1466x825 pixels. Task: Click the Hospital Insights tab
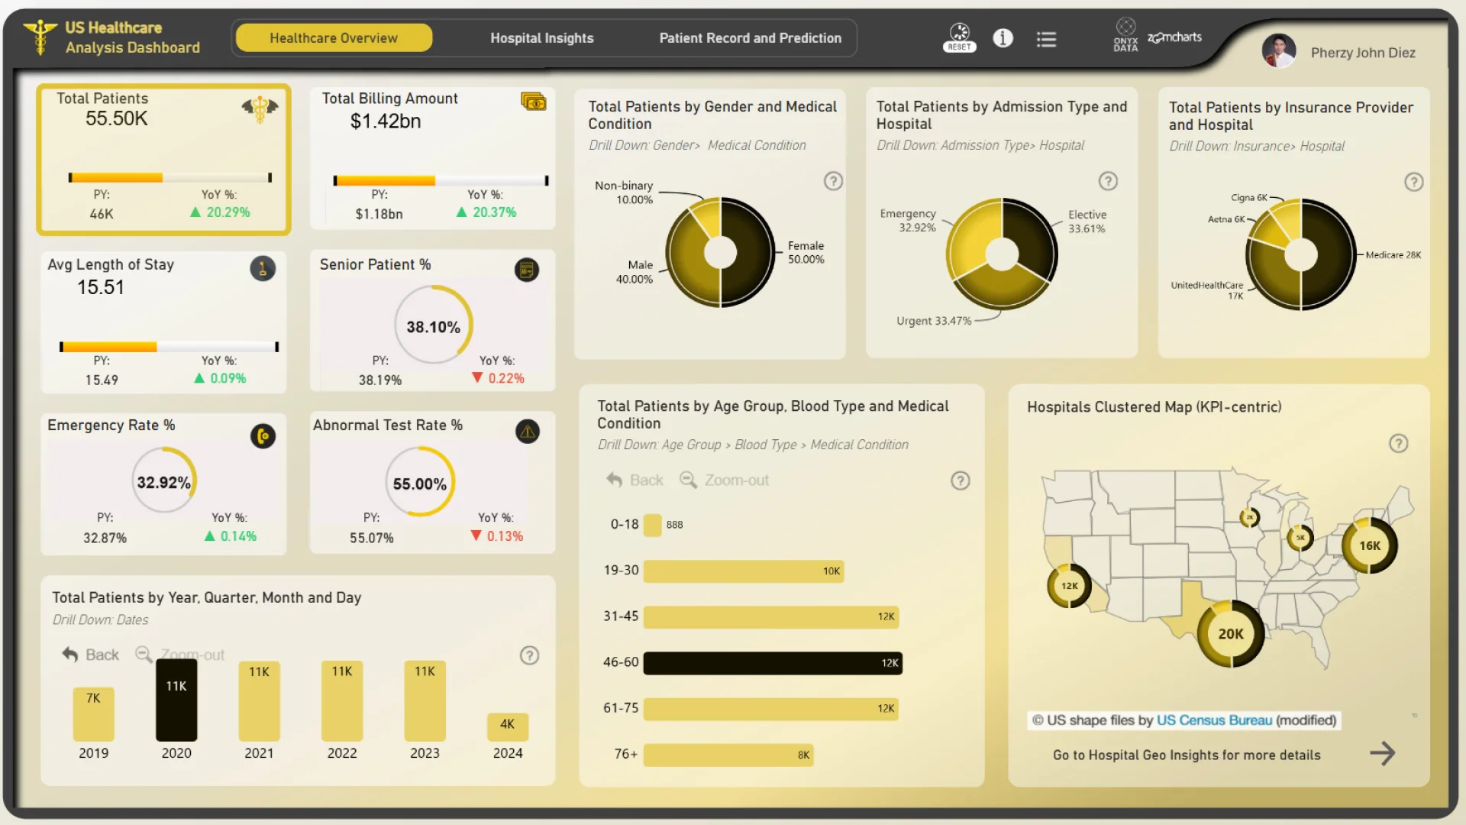pyautogui.click(x=541, y=38)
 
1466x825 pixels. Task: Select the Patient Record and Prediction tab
pyautogui.click(x=750, y=38)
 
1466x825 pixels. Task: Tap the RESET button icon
pyautogui.click(x=959, y=37)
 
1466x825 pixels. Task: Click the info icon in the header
pyautogui.click(x=1003, y=38)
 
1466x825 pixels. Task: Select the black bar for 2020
pyautogui.click(x=176, y=700)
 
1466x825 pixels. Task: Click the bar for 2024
pyautogui.click(x=507, y=726)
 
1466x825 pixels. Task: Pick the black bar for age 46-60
pyautogui.click(x=772, y=663)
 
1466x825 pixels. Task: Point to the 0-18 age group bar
pyautogui.click(x=652, y=525)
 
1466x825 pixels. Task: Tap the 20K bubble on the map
pyautogui.click(x=1230, y=634)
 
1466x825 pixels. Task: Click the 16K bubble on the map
pyautogui.click(x=1369, y=545)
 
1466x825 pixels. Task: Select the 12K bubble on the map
pyautogui.click(x=1069, y=586)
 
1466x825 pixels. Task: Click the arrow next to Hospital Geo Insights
pyautogui.click(x=1382, y=754)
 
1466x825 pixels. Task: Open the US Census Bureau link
pyautogui.click(x=1214, y=720)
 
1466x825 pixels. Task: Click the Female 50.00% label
pyautogui.click(x=806, y=253)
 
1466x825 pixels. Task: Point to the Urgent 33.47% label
pyautogui.click(x=933, y=321)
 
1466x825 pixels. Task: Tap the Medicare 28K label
pyautogui.click(x=1393, y=255)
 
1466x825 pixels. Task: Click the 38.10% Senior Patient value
pyautogui.click(x=433, y=327)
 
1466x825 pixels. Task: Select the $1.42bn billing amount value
pyautogui.click(x=386, y=121)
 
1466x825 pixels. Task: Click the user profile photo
pyautogui.click(x=1279, y=51)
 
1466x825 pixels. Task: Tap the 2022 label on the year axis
pyautogui.click(x=342, y=753)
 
